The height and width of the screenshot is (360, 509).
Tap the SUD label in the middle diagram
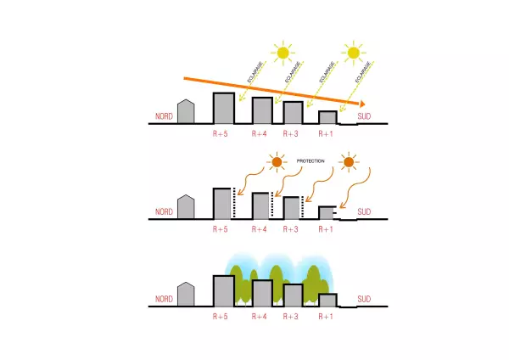coord(364,211)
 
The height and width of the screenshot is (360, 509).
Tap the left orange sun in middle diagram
coord(277,161)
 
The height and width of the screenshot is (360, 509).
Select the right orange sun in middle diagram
coord(348,161)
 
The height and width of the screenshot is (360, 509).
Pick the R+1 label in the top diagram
coord(327,133)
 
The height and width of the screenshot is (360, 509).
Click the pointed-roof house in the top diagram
coord(187,112)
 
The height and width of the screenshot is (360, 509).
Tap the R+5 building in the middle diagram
coord(222,203)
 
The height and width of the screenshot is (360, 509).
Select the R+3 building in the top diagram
coord(293,113)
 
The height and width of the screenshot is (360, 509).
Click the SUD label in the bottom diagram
coord(364,299)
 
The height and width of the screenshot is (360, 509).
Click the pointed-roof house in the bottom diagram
coord(187,295)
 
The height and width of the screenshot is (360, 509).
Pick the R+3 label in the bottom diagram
coord(293,316)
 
